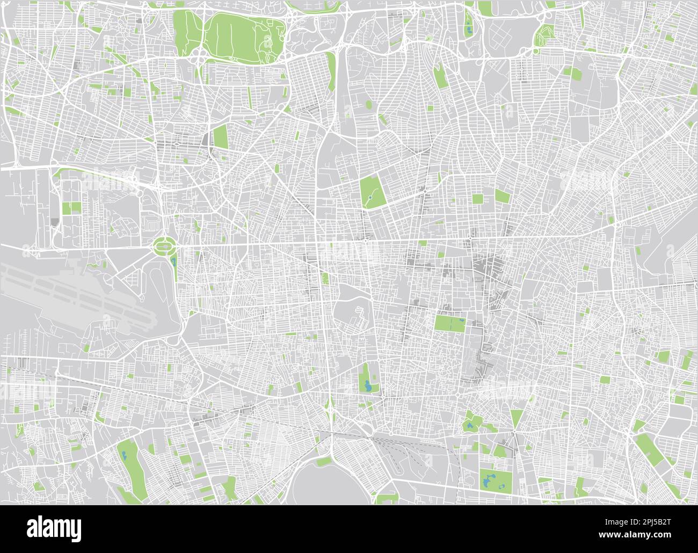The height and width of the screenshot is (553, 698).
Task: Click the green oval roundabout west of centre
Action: pyautogui.click(x=164, y=246)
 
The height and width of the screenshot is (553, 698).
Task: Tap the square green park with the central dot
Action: pyautogui.click(x=371, y=192)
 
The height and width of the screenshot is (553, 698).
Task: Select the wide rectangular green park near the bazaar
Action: pyautogui.click(x=450, y=324)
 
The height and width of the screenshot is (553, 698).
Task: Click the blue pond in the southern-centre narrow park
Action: pyautogui.click(x=367, y=385)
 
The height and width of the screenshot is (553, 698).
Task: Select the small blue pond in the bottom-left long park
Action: pyautogui.click(x=125, y=456)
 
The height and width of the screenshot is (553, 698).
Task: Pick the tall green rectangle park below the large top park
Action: pyautogui.click(x=221, y=137)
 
